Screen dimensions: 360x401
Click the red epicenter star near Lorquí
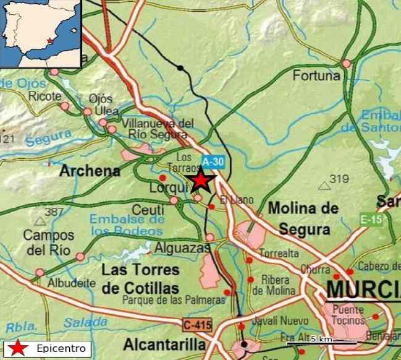pos(200,181)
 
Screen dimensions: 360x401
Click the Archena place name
pos(90,171)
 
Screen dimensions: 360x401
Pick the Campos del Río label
pos(49,242)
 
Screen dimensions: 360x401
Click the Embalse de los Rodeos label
pos(127,225)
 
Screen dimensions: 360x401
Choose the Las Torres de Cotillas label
pos(140,280)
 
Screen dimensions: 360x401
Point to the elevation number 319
pos(339,179)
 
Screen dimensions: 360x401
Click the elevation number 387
pos(54,212)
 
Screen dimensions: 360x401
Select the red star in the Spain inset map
pos(49,41)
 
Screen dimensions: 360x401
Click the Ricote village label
pos(45,96)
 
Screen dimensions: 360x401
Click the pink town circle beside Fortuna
pos(346,63)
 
